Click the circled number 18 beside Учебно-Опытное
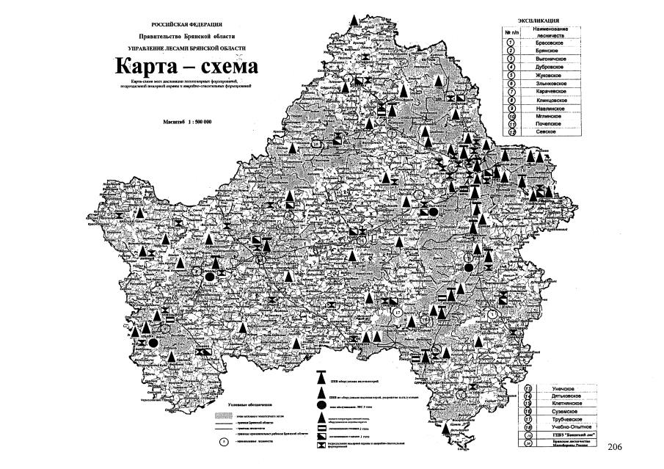(529, 426)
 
